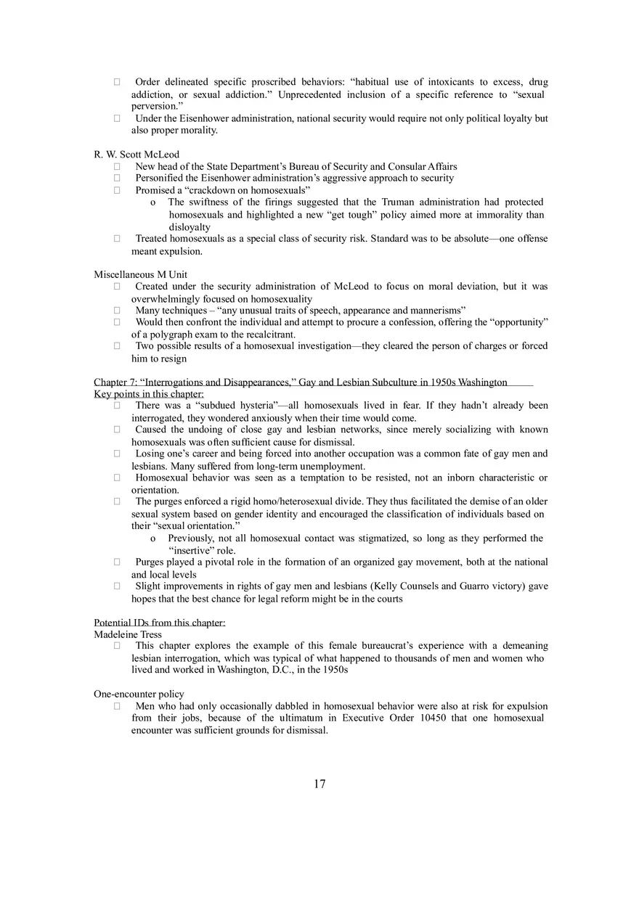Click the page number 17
[x=319, y=784]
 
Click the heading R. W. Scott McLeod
[x=137, y=155]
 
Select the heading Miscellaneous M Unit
[x=140, y=274]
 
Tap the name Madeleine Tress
[x=128, y=634]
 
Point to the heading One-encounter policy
[x=139, y=694]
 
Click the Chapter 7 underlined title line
[x=301, y=382]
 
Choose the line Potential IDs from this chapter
[x=160, y=623]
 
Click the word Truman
[x=400, y=202]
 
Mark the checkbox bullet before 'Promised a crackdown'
[x=117, y=190]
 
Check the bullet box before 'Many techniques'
[x=117, y=311]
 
